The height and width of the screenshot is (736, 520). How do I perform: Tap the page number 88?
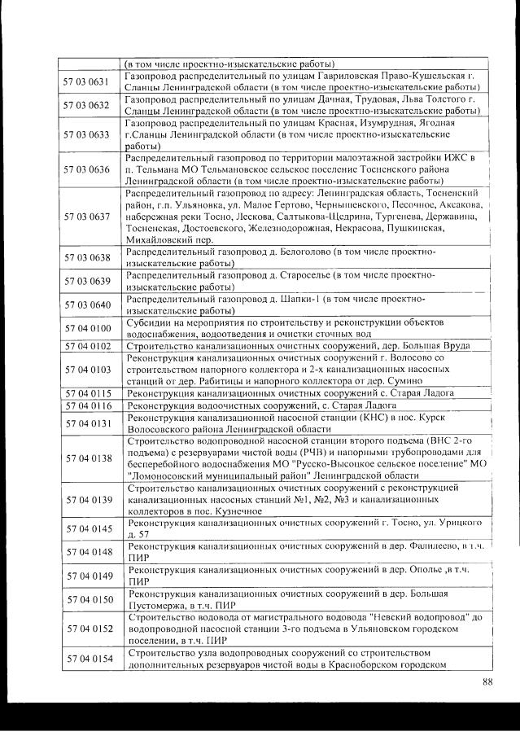(487, 681)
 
